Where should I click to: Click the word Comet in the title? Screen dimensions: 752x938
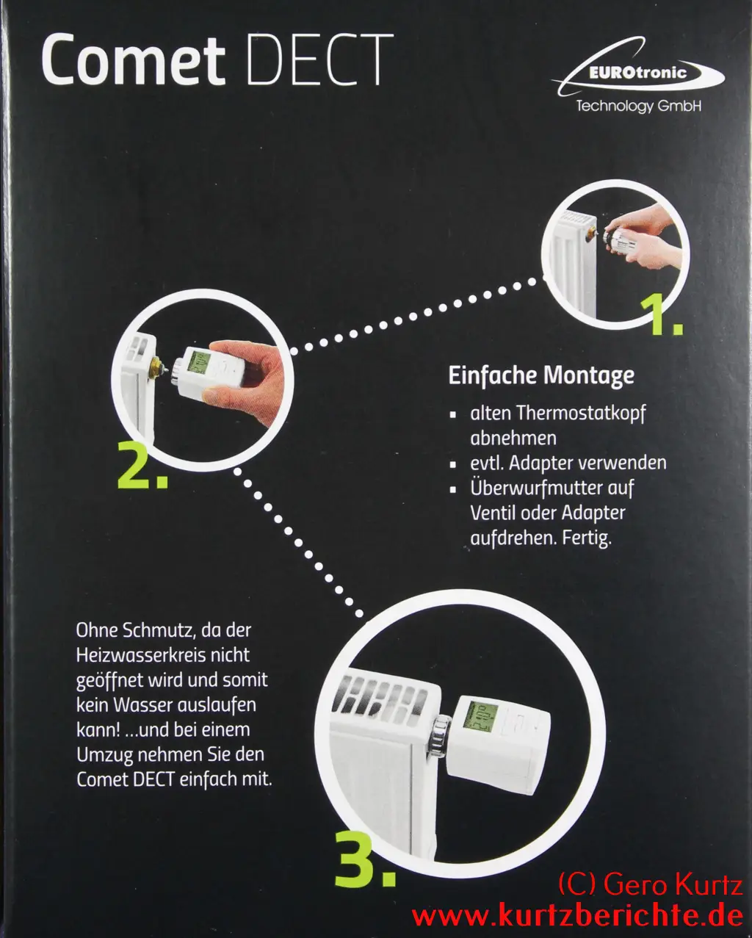(x=133, y=60)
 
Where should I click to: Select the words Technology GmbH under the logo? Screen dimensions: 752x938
(x=639, y=106)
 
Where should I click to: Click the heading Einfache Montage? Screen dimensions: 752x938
(x=541, y=376)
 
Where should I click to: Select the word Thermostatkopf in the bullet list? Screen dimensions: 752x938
(x=581, y=414)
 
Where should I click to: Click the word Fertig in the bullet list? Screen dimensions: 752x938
(x=586, y=538)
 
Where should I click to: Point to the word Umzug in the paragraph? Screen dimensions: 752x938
(x=104, y=755)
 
